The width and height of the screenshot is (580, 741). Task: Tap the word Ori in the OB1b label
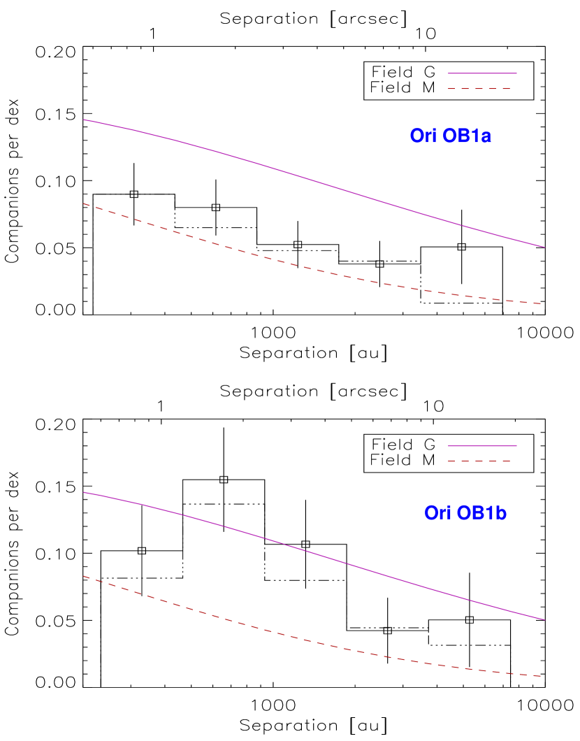437,513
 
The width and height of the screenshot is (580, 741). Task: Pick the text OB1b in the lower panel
481,513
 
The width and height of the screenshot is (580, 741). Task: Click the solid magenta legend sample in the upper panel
482,73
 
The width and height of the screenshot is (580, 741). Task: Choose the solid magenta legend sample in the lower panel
482,445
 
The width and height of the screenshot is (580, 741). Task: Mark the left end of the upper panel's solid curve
84,120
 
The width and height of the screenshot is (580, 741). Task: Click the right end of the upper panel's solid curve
544,247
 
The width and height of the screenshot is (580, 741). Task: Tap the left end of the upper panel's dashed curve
84,203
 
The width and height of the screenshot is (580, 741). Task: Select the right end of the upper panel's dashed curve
542,303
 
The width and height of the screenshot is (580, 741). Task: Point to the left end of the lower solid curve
84,492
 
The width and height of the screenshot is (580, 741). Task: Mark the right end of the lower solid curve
544,619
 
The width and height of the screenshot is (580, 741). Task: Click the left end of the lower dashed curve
84,576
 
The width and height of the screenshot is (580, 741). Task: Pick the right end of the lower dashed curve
542,676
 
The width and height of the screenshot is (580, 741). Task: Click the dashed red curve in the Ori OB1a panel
314,270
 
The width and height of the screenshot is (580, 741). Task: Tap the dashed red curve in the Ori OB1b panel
314,642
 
